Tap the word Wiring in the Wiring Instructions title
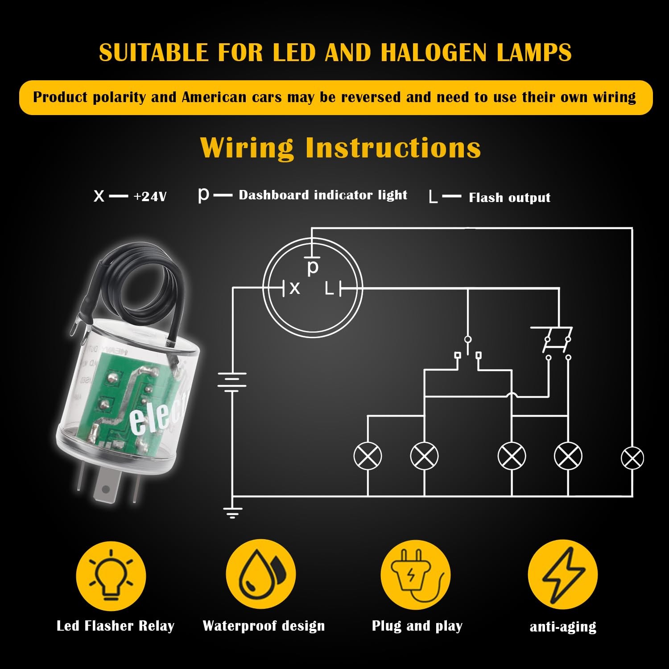(247, 148)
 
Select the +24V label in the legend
(150, 196)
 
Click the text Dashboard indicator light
(323, 195)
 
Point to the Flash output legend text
(509, 198)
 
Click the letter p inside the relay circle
(313, 267)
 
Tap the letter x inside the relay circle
(294, 289)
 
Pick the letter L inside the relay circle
(329, 289)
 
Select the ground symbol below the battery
(232, 513)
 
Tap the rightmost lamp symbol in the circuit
(632, 458)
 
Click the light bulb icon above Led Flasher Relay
(111, 576)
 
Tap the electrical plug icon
(415, 575)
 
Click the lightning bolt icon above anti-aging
(563, 575)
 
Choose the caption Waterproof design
(264, 626)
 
